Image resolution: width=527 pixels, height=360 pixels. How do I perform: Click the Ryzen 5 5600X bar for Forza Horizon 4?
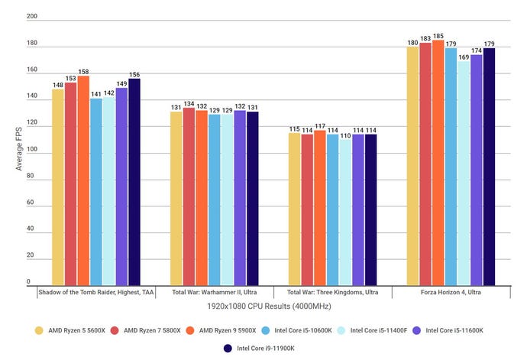[412, 165]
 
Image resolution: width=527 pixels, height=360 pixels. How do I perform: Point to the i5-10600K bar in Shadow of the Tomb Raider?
[96, 191]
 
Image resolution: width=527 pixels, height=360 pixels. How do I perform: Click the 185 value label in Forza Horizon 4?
[438, 36]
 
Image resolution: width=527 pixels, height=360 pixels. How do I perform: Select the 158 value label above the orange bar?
[83, 71]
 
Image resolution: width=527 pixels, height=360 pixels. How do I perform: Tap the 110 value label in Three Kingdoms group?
[345, 135]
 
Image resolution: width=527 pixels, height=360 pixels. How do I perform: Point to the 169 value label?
[463, 57]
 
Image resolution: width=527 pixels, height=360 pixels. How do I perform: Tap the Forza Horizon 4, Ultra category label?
[450, 291]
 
